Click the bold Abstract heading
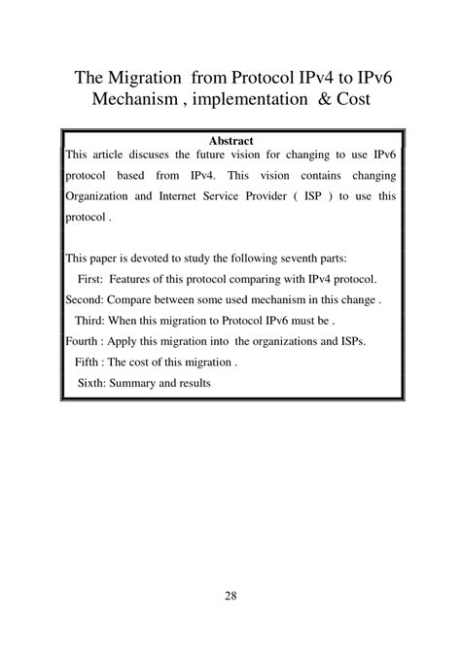[230, 141]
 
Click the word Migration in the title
[148, 77]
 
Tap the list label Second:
[85, 300]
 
